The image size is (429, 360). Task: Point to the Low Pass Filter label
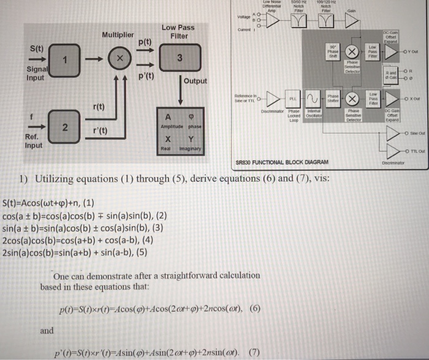point(178,32)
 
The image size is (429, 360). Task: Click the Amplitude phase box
point(180,119)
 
